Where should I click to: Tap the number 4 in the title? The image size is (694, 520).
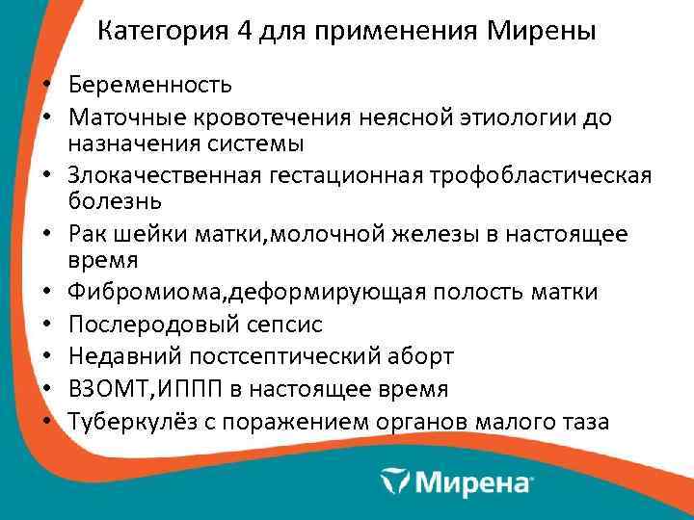(x=246, y=32)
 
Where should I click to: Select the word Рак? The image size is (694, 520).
(x=87, y=235)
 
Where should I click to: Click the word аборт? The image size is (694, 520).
(x=421, y=357)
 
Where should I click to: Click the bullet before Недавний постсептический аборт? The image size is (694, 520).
(x=46, y=357)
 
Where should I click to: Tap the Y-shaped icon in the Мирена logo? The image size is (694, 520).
(x=396, y=479)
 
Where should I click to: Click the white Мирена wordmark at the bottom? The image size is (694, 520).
(x=472, y=479)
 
